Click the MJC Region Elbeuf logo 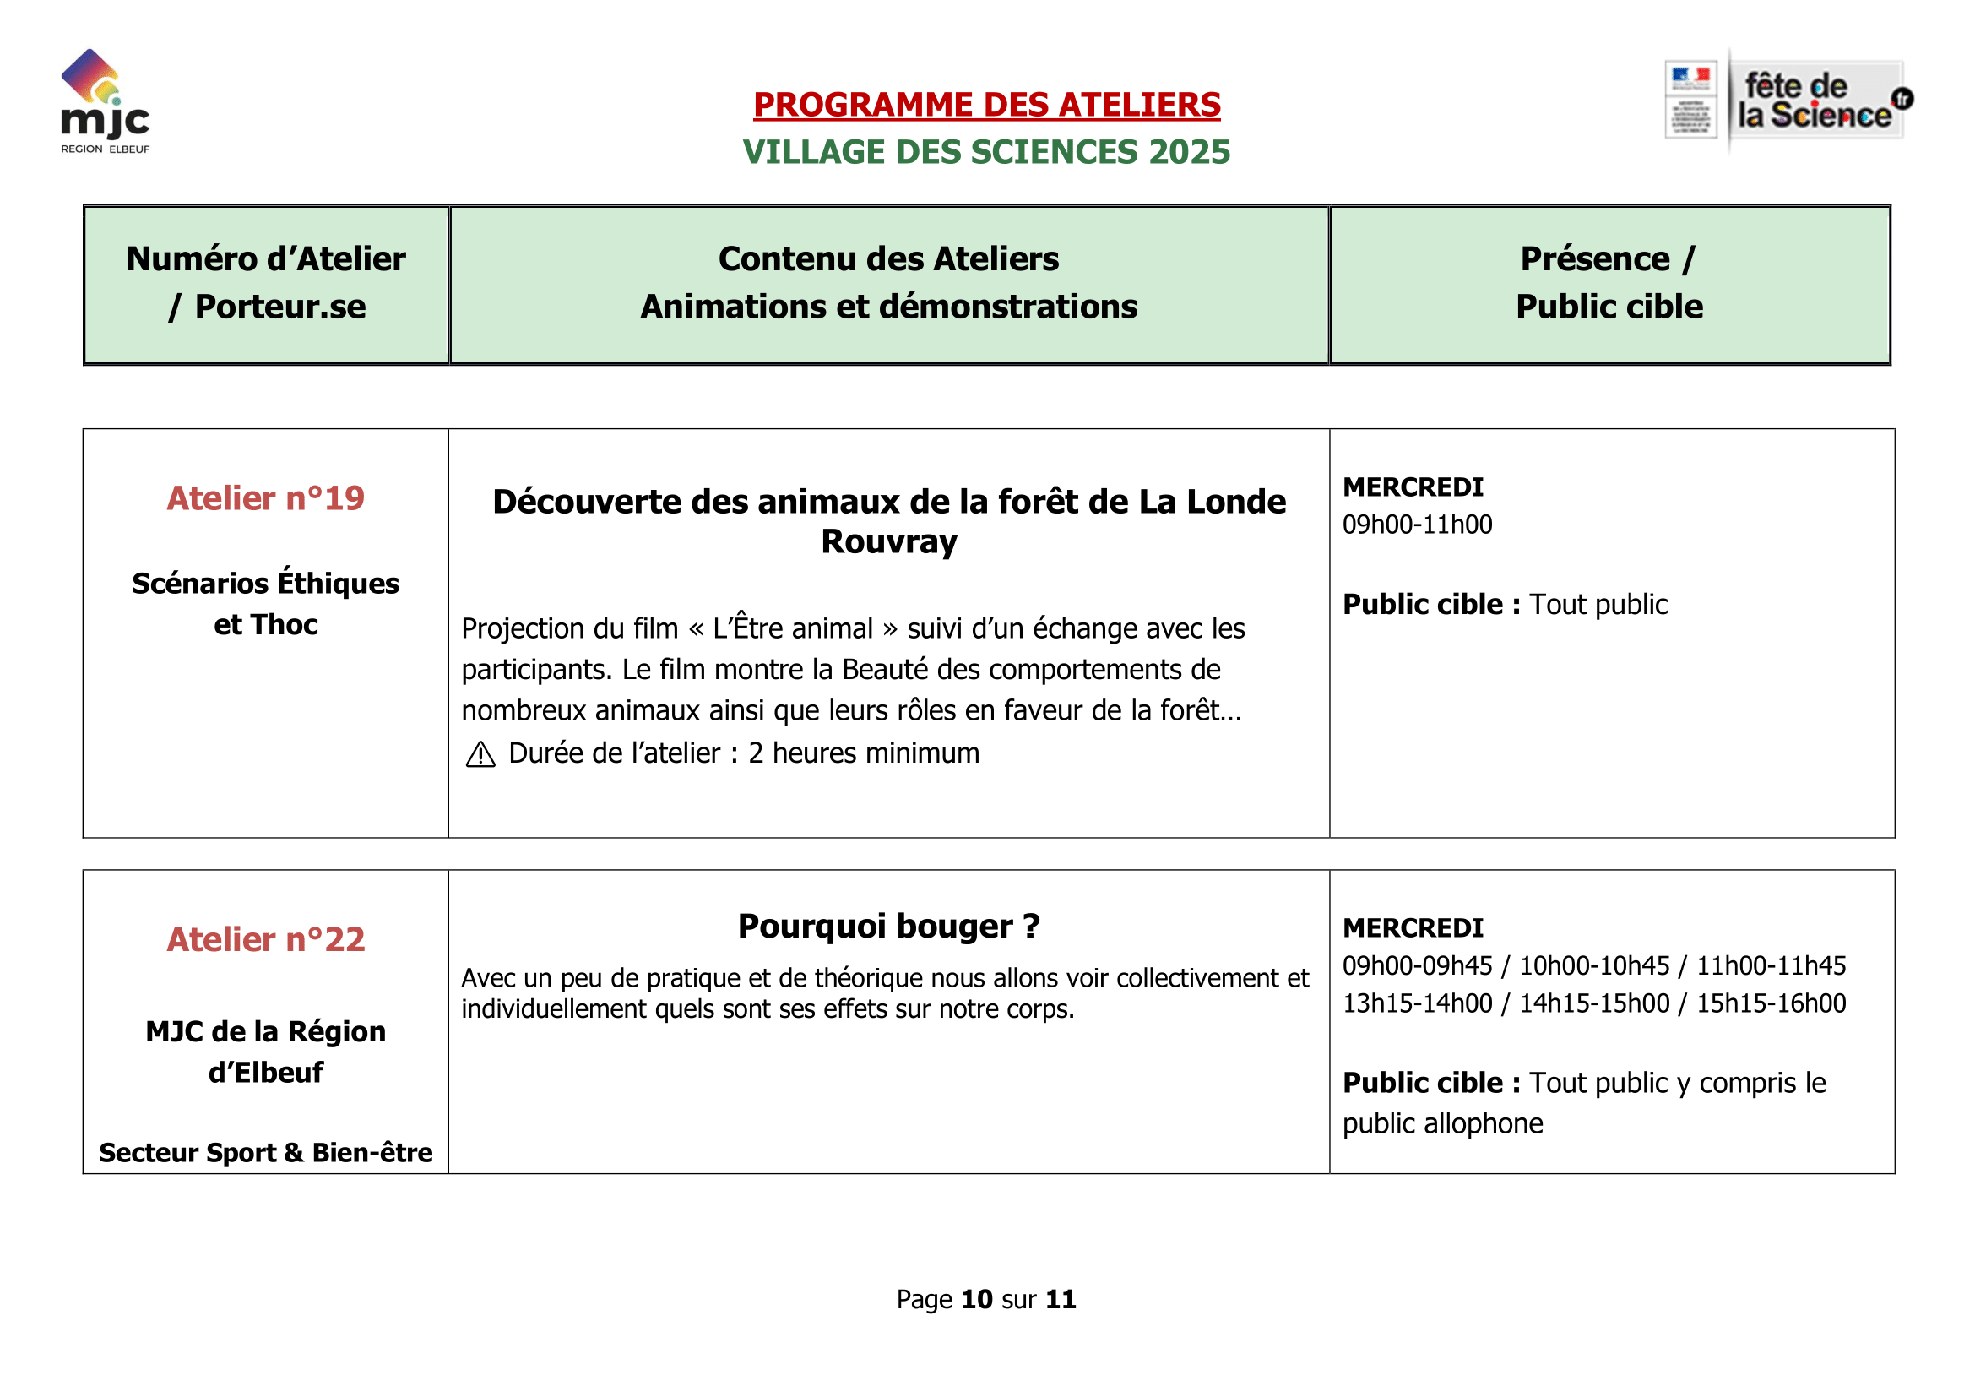point(105,101)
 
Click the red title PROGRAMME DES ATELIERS point(986,105)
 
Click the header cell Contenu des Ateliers point(888,259)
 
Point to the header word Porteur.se point(280,307)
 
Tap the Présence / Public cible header point(1609,283)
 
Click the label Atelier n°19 point(266,499)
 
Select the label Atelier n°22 point(266,940)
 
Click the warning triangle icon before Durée point(480,755)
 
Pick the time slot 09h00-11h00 point(1417,525)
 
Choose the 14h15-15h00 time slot point(1594,1004)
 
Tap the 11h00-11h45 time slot point(1771,966)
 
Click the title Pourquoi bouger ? point(888,927)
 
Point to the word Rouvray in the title point(888,542)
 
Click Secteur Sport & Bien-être point(266,1153)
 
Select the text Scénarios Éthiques point(266,584)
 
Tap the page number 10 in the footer point(976,1299)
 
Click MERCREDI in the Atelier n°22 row point(1413,928)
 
